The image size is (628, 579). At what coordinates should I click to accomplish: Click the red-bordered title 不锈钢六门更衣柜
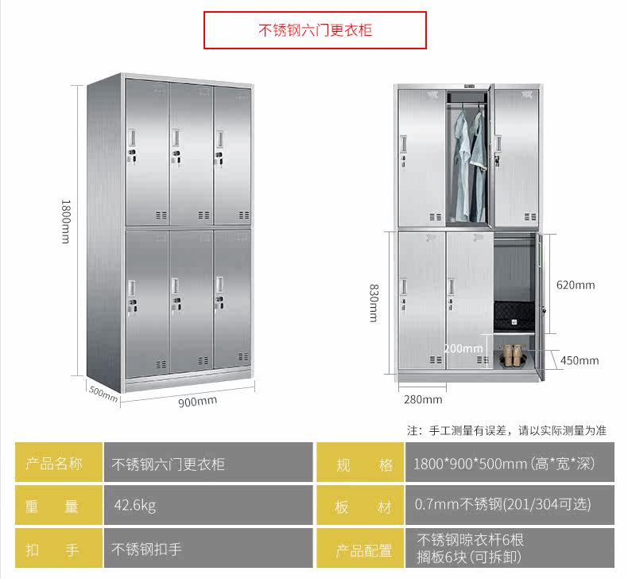315,31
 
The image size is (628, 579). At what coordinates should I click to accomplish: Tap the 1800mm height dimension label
65,220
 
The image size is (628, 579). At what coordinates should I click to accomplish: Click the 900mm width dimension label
196,401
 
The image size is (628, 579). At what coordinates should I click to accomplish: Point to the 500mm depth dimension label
103,393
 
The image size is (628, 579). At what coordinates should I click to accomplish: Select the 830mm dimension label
373,303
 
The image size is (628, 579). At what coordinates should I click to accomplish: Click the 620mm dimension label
575,285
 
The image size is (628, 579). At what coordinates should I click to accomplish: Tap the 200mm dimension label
463,348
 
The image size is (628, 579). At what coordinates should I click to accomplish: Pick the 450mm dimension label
579,360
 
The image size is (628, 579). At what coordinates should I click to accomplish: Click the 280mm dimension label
423,399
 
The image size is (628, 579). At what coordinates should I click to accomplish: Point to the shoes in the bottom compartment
514,356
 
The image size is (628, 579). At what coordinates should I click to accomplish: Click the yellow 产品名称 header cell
59,464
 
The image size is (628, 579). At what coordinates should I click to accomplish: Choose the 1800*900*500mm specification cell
503,464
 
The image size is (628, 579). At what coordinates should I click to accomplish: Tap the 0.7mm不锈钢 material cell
503,505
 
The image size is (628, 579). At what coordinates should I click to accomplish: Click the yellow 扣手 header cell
59,550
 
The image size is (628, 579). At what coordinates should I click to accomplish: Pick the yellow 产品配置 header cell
363,550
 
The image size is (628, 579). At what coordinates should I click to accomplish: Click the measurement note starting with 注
506,430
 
